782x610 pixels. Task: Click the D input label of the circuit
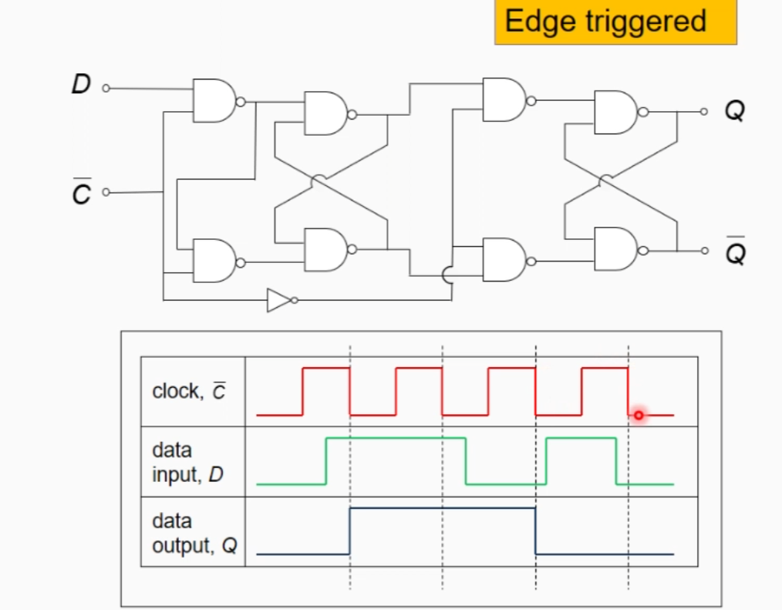click(81, 84)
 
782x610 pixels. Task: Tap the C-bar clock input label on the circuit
click(81, 193)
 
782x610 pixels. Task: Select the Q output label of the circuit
click(734, 112)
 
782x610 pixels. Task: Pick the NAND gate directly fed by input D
click(214, 100)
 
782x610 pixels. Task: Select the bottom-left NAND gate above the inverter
click(214, 261)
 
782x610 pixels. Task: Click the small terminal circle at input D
click(106, 89)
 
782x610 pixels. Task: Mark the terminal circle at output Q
click(703, 112)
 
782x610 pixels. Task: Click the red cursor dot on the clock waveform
click(639, 416)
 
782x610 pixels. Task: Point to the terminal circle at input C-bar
click(106, 192)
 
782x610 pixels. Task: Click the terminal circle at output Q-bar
click(703, 250)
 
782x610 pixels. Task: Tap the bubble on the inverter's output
click(294, 299)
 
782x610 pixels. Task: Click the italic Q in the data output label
click(229, 546)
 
